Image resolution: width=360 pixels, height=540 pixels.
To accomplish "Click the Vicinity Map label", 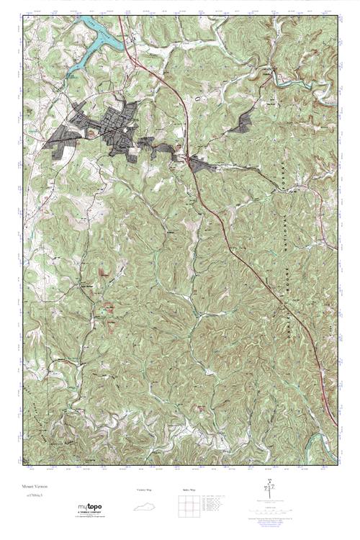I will point(145,490).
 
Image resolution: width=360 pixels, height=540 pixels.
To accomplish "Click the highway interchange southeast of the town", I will point(189,160).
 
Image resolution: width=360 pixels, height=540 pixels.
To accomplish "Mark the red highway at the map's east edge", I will point(334,421).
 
